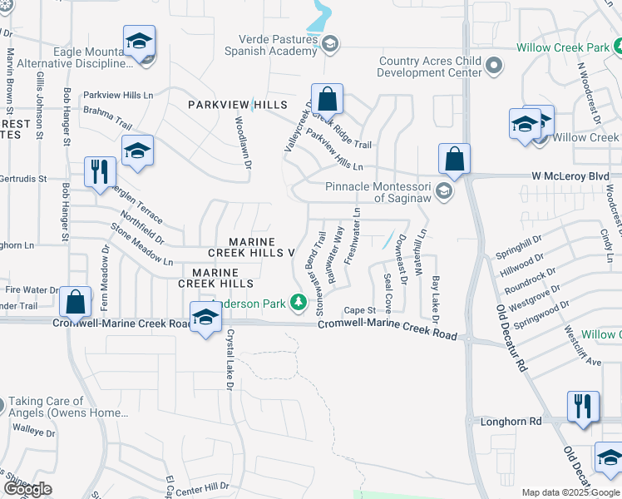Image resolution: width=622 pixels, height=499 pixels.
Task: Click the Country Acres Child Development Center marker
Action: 493,65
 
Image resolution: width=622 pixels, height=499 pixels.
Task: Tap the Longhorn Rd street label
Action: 511,422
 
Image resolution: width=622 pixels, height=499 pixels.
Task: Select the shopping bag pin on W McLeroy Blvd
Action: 455,157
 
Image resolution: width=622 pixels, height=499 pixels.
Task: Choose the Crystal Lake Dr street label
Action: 230,358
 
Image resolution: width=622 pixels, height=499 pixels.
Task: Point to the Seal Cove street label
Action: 388,289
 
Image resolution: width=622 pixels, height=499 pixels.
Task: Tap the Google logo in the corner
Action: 28,489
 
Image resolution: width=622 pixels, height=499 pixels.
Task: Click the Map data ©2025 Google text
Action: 571,492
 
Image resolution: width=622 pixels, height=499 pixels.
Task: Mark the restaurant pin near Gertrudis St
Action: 100,172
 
